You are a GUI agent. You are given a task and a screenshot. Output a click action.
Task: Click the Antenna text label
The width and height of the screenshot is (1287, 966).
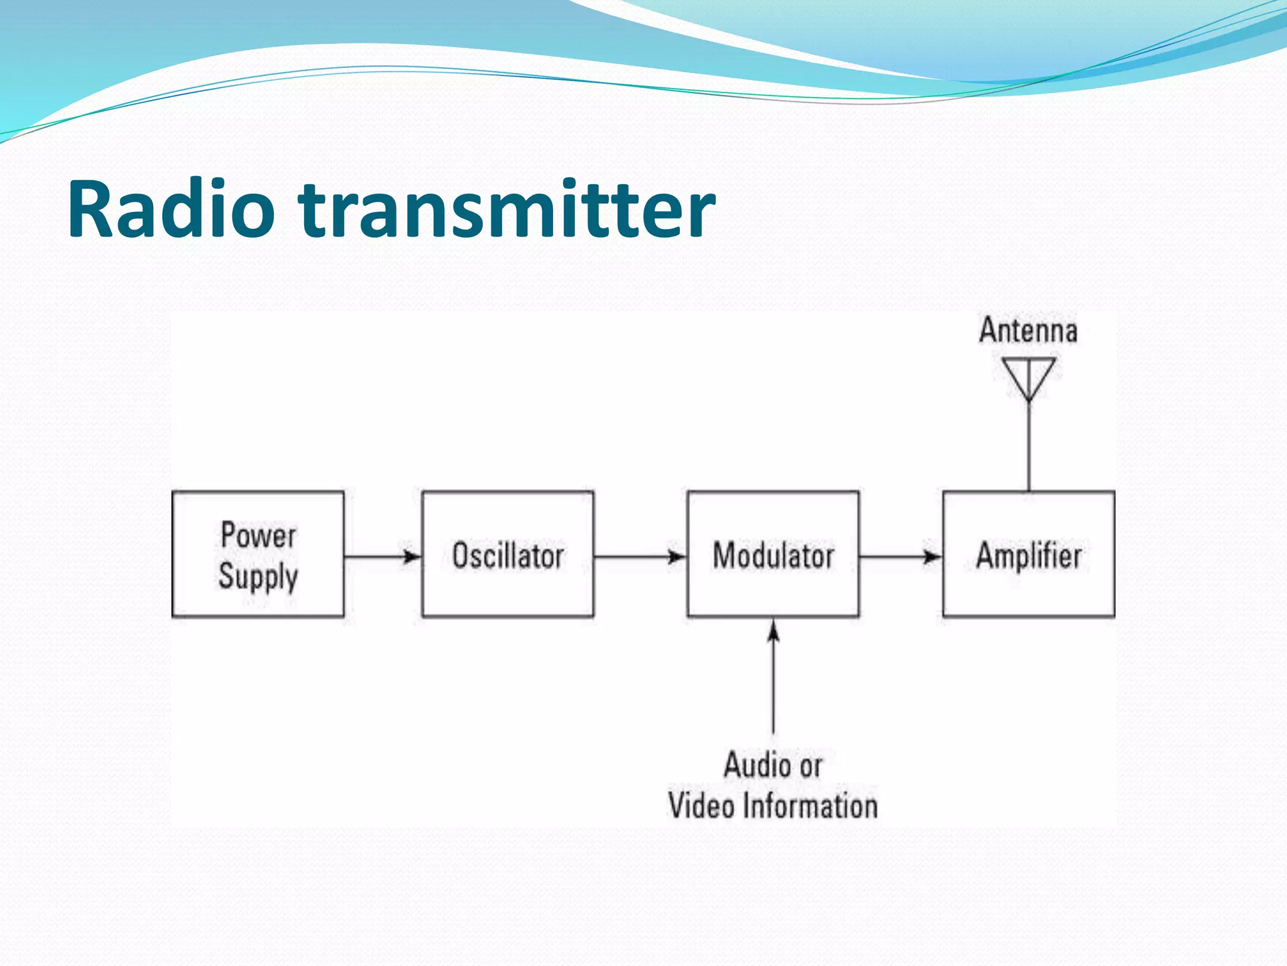click(x=1028, y=331)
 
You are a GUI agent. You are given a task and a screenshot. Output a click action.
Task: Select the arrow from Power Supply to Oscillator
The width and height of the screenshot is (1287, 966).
click(x=382, y=557)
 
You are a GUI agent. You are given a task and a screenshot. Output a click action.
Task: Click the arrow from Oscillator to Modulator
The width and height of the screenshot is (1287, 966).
click(x=640, y=557)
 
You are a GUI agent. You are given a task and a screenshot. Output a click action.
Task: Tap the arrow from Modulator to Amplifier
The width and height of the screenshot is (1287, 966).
click(x=900, y=557)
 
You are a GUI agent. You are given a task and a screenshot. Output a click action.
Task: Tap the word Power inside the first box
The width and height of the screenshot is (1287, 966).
click(x=258, y=536)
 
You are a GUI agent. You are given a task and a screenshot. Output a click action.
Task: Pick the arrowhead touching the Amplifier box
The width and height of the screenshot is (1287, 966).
click(x=933, y=557)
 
